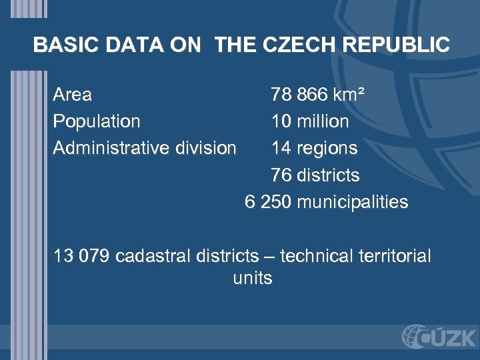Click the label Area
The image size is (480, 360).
click(x=72, y=95)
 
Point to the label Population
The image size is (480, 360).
click(x=97, y=121)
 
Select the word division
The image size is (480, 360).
click(x=205, y=147)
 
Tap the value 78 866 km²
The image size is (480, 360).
click(x=317, y=95)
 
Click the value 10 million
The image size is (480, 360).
click(x=310, y=121)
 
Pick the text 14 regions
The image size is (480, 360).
click(x=314, y=147)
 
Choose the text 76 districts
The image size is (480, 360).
click(x=315, y=175)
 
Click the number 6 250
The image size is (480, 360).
click(x=268, y=202)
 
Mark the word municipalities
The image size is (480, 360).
click(x=352, y=202)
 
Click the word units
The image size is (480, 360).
click(x=253, y=278)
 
